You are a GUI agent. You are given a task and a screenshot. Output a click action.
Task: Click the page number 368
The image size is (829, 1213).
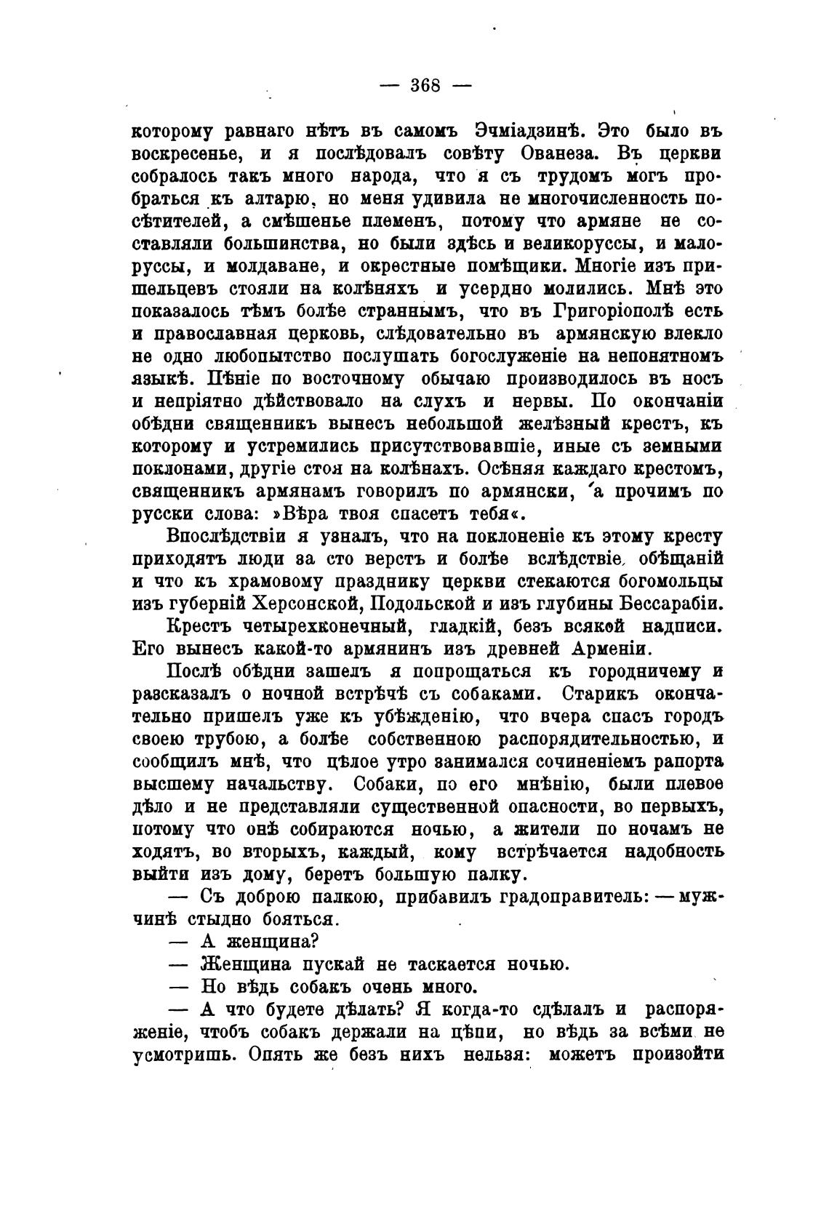coord(426,85)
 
